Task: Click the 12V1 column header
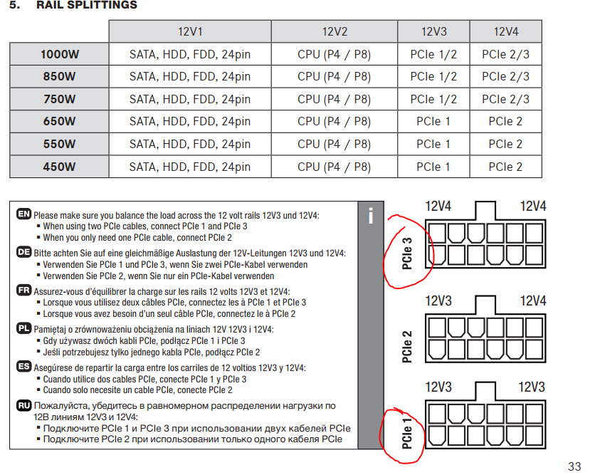coord(190,31)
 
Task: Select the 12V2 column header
coord(334,31)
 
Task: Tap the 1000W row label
coord(60,54)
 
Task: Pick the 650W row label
coord(60,121)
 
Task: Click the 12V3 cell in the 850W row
coord(433,76)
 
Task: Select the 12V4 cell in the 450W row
coord(506,167)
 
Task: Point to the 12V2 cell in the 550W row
coord(334,144)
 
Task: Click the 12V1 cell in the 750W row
coord(190,99)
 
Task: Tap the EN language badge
coord(23,214)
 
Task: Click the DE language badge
coord(23,252)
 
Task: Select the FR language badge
coord(23,290)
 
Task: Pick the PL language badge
coord(23,328)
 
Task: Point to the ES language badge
coord(23,366)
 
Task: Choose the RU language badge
coord(23,405)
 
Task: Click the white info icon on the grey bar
coord(371,216)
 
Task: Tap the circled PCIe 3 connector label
coord(407,254)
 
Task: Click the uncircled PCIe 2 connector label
coord(407,347)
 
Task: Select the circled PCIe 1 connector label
coord(407,433)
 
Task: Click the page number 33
coord(574,466)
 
